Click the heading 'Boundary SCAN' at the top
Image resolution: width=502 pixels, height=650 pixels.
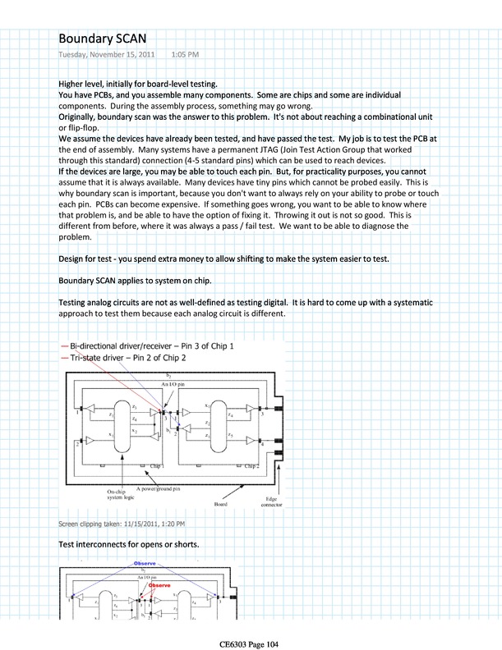point(105,38)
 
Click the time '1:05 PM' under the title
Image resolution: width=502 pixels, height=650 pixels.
point(185,55)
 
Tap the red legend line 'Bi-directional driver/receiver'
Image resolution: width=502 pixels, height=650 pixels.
point(65,346)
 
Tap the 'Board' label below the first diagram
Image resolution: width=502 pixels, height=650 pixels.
point(221,505)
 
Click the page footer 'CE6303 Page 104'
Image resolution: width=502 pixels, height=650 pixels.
point(250,644)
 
